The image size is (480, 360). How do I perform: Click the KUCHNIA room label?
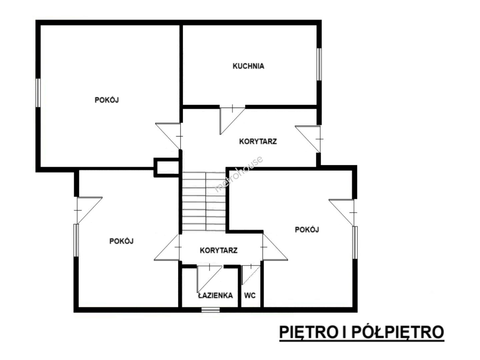(x=248, y=66)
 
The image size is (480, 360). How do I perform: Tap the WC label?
(x=250, y=296)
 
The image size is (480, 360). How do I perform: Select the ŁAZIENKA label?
(x=215, y=296)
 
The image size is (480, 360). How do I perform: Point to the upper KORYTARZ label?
(x=258, y=141)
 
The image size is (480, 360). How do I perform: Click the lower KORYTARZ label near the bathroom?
(x=219, y=250)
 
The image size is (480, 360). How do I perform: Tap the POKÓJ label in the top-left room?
(x=107, y=100)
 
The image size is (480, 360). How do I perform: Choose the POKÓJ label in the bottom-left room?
(x=121, y=241)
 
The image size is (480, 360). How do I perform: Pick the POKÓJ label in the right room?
(x=307, y=230)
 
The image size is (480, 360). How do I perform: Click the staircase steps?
(x=204, y=201)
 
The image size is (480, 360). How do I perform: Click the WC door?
(x=251, y=275)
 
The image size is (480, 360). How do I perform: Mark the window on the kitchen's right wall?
(x=319, y=64)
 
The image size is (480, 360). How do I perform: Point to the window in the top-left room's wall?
(x=38, y=93)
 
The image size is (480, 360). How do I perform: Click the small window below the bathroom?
(x=210, y=309)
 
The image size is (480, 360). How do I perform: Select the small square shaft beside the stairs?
(x=166, y=167)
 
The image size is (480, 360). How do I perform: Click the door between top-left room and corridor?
(x=168, y=136)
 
